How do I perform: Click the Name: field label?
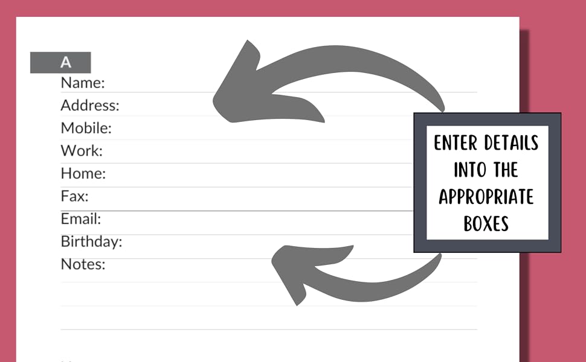click(x=83, y=83)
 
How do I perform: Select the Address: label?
click(x=90, y=106)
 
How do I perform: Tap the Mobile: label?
click(x=86, y=129)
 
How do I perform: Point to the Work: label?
click(x=82, y=151)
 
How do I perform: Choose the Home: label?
click(x=83, y=174)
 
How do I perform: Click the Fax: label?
click(x=74, y=196)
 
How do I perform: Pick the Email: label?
click(x=81, y=218)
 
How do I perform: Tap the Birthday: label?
click(x=91, y=242)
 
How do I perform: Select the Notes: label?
click(x=83, y=264)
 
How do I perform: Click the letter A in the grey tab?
click(x=65, y=63)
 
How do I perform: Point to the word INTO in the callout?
click(x=469, y=170)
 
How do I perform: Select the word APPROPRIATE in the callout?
click(x=486, y=197)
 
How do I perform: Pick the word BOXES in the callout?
click(x=486, y=224)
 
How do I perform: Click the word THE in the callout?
click(x=506, y=170)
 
